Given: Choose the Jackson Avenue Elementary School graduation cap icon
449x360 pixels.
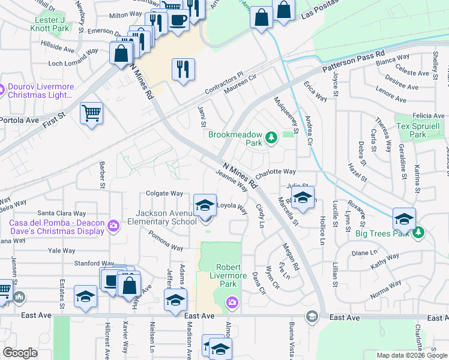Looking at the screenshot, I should [x=205, y=205].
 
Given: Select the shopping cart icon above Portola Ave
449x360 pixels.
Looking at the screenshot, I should [x=91, y=113].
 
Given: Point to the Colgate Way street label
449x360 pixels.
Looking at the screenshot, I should [x=164, y=193].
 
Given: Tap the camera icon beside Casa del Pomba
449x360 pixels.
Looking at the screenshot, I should [x=113, y=226].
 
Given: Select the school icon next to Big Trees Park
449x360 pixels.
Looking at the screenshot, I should [x=404, y=218].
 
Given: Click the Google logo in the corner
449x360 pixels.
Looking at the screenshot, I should [x=20, y=353].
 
